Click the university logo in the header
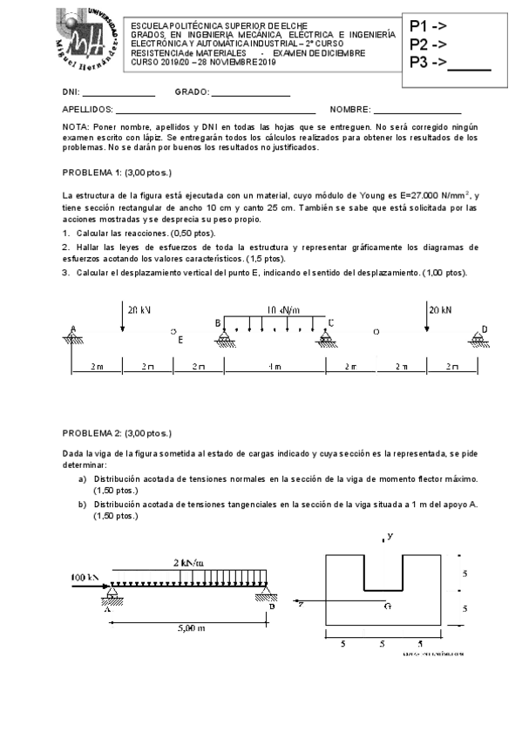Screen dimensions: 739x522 (x=85, y=41)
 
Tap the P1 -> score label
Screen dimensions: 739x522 (x=428, y=26)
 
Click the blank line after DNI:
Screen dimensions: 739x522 (x=119, y=94)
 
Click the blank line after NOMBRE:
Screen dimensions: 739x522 (x=417, y=111)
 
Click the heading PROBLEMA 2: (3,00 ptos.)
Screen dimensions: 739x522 (x=118, y=433)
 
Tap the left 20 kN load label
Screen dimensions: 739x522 (x=139, y=309)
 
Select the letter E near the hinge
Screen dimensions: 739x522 (x=180, y=340)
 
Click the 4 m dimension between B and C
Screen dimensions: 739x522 (x=275, y=367)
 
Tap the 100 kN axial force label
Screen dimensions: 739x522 (x=85, y=577)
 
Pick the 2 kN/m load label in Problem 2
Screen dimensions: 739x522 (x=188, y=563)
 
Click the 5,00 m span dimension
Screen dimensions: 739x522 (x=191, y=627)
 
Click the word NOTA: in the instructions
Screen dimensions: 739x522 (x=77, y=126)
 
